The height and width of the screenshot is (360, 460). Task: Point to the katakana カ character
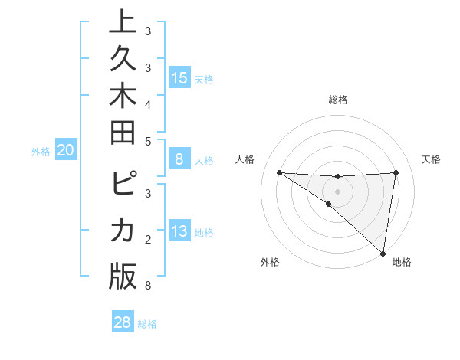[x=123, y=230]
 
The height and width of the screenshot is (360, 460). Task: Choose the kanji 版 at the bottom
[x=123, y=276]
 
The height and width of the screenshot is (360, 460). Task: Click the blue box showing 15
[x=179, y=77]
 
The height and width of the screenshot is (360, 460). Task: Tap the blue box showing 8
[x=179, y=159]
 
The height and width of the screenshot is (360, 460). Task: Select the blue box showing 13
[x=179, y=231]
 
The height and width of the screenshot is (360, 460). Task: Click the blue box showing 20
[x=65, y=151]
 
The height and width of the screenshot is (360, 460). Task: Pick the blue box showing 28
[x=123, y=322]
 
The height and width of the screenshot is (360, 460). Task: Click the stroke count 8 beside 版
[x=147, y=286]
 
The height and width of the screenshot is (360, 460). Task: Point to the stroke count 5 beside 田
[x=147, y=142]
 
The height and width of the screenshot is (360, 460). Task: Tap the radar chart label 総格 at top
[x=337, y=100]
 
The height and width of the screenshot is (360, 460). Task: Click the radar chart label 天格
[x=432, y=159]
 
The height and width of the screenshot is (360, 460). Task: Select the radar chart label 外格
[x=270, y=262]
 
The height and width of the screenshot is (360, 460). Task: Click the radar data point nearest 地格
[x=383, y=253]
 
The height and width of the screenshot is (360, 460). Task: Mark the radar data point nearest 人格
[x=279, y=172]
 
